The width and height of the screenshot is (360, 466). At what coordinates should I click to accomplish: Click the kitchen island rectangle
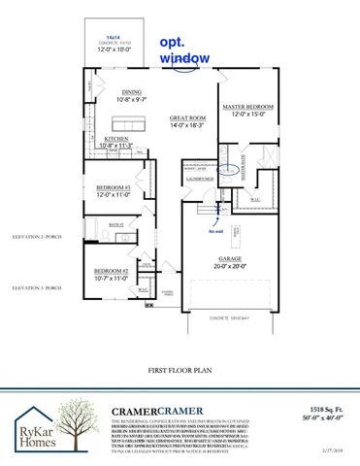click(x=123, y=122)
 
